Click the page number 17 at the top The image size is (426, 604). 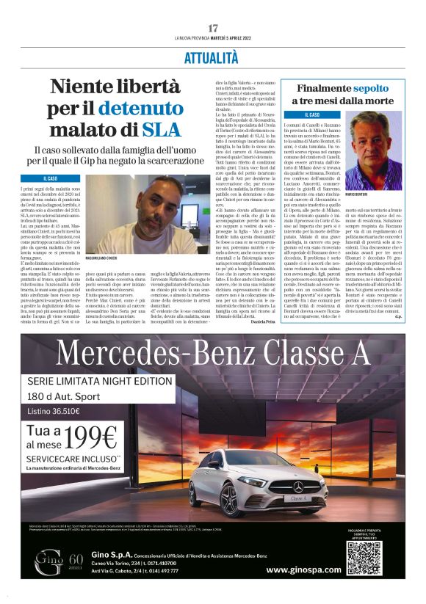click(x=213, y=28)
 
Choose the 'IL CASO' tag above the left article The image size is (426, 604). click(x=50, y=178)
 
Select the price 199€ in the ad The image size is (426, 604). click(x=110, y=437)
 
